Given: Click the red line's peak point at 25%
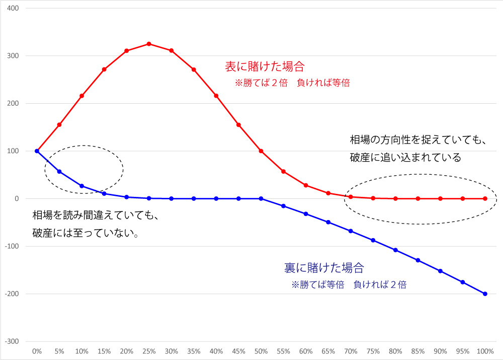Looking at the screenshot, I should pyautogui.click(x=149, y=44).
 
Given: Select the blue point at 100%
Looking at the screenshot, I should pyautogui.click(x=485, y=294).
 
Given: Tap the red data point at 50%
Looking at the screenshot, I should pyautogui.click(x=261, y=151).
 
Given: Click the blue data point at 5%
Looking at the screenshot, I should pyautogui.click(x=59, y=172).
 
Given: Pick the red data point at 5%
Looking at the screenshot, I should pyautogui.click(x=59, y=125).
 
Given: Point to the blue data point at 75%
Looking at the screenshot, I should pyautogui.click(x=373, y=240).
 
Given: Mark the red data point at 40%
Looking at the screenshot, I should pyautogui.click(x=216, y=96).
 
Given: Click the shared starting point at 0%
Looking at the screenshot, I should pyautogui.click(x=37, y=151).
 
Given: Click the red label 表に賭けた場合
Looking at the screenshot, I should pyautogui.click(x=265, y=66).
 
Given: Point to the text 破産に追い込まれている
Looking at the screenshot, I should pyautogui.click(x=405, y=158).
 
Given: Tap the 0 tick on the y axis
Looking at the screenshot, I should pyautogui.click(x=17, y=199).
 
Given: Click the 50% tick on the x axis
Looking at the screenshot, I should pyautogui.click(x=261, y=350).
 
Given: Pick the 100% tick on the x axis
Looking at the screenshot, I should pyautogui.click(x=485, y=350).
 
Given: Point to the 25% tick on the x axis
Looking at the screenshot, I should pyautogui.click(x=149, y=350).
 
